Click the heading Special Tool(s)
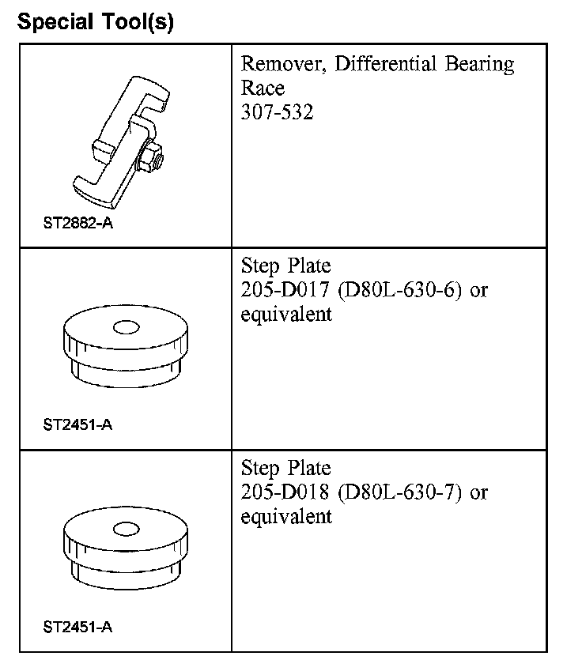[x=96, y=22]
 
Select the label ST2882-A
[x=77, y=223]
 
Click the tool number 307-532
[x=277, y=112]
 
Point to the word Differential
[x=385, y=63]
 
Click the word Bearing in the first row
[x=480, y=65]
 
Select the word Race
[x=263, y=88]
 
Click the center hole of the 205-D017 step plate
[x=126, y=327]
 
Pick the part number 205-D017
[x=285, y=289]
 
